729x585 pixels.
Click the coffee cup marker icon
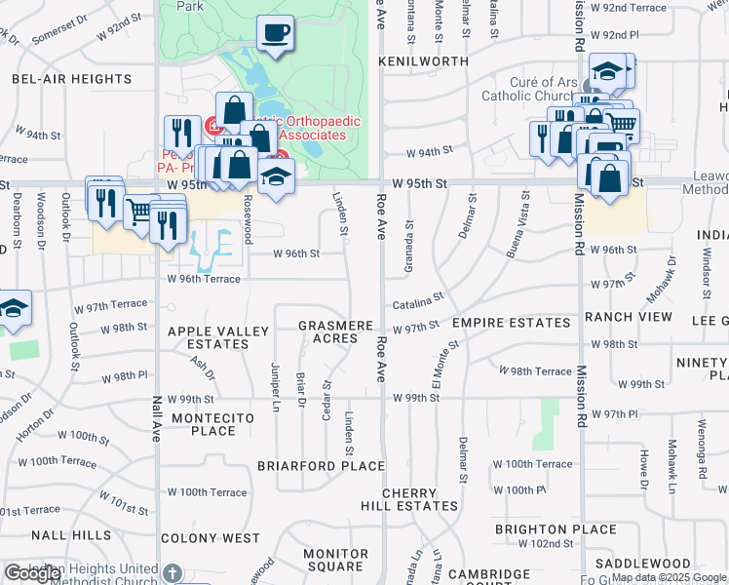[x=275, y=32]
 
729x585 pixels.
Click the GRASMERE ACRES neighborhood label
[x=334, y=331]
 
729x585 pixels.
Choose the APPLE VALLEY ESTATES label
[x=218, y=337]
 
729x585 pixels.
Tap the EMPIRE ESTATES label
[x=511, y=323]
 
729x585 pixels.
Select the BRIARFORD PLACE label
[x=321, y=466]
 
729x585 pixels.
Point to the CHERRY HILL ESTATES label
[x=419, y=500]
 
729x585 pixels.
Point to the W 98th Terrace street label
[x=534, y=370]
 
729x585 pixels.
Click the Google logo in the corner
[x=32, y=573]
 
